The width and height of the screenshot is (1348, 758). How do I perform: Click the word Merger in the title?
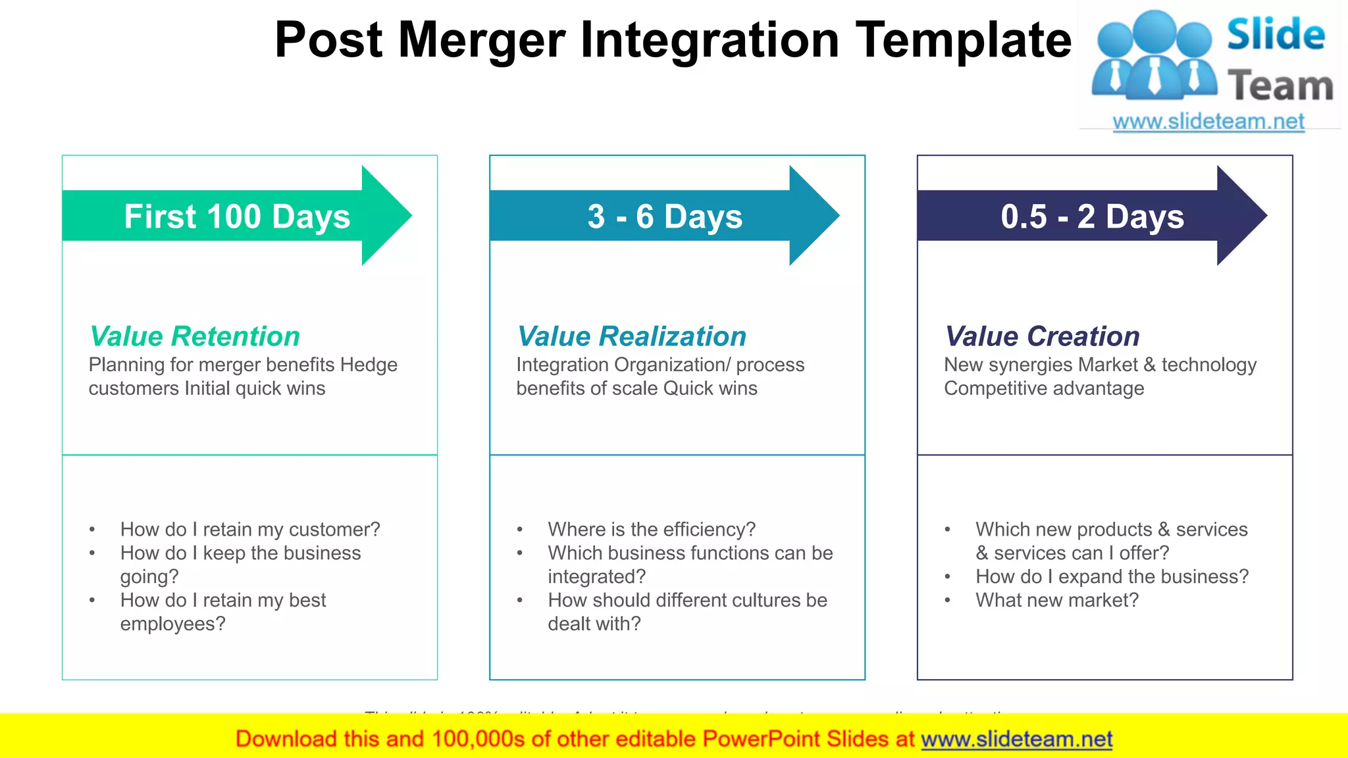pyautogui.click(x=481, y=41)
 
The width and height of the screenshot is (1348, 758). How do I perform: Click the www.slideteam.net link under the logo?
pyautogui.click(x=1208, y=122)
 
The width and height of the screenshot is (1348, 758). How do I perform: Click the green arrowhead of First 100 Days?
pyautogui.click(x=385, y=216)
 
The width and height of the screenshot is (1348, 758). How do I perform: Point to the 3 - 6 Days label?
pyautogui.click(x=665, y=216)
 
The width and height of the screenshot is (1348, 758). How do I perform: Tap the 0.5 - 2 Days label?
pyautogui.click(x=1092, y=216)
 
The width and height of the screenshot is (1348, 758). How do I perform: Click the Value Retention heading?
pyautogui.click(x=195, y=336)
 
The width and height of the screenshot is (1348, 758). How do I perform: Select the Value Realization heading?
pyautogui.click(x=631, y=336)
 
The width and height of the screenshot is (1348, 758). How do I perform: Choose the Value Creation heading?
pyautogui.click(x=1042, y=336)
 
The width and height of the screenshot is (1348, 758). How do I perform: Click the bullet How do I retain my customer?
pyautogui.click(x=250, y=530)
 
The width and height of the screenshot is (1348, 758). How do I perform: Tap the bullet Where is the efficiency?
pyautogui.click(x=652, y=530)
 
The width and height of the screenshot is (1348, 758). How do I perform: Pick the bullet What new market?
pyautogui.click(x=1057, y=600)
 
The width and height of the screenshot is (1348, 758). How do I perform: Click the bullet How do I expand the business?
pyautogui.click(x=1112, y=576)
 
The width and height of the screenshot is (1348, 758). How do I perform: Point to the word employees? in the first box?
pyautogui.click(x=172, y=624)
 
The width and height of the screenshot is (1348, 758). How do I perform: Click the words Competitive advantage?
pyautogui.click(x=1044, y=388)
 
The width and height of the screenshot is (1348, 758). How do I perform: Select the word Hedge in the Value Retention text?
pyautogui.click(x=369, y=365)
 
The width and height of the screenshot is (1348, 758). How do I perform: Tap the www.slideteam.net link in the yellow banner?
pyautogui.click(x=1016, y=739)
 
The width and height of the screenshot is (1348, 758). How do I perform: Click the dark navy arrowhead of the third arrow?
pyautogui.click(x=1241, y=216)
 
